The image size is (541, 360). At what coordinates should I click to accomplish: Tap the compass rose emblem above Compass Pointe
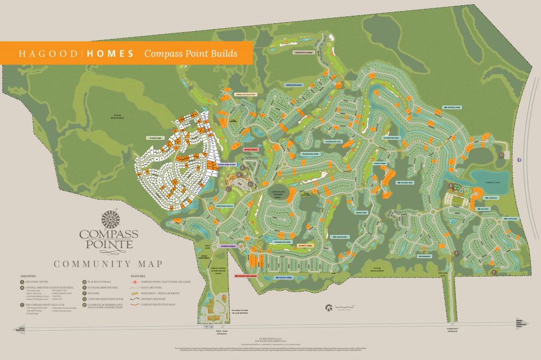(110, 217)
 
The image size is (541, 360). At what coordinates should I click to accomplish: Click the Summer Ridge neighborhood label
(155, 138)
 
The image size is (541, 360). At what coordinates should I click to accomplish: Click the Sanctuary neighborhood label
(340, 236)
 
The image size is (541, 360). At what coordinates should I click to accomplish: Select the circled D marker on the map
(501, 155)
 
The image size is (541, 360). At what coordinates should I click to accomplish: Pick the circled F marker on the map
(494, 272)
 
